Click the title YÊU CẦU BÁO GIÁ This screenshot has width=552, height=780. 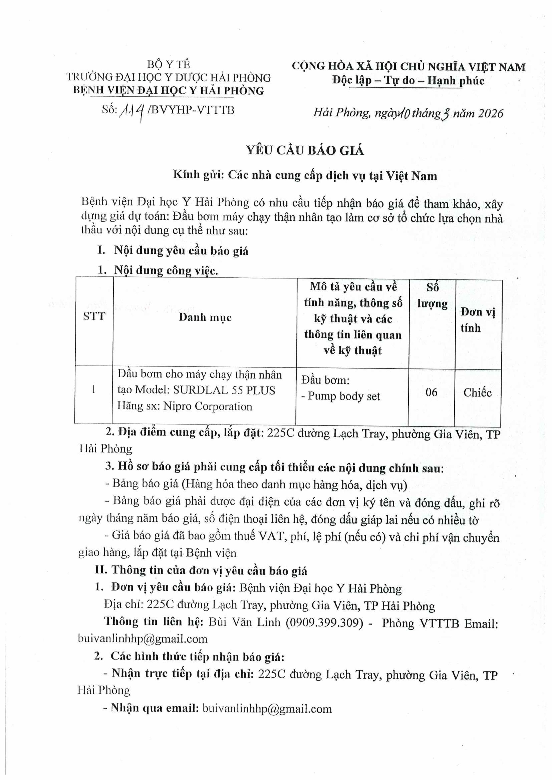305,150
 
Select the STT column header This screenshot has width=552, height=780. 94,316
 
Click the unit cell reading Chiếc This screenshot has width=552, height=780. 477,393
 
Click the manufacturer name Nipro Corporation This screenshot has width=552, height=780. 208,406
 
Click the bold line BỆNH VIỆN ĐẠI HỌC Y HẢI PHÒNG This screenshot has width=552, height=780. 169,90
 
